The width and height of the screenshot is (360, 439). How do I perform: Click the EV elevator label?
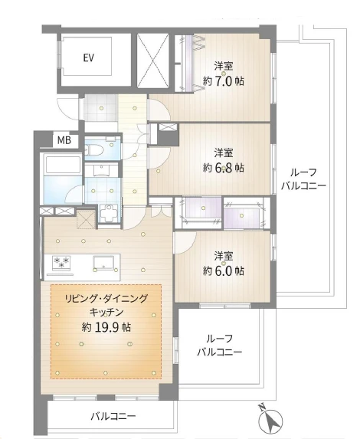click(x=88, y=57)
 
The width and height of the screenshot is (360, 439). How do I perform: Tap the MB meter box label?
click(x=64, y=140)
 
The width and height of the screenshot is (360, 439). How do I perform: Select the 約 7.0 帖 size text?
click(x=224, y=81)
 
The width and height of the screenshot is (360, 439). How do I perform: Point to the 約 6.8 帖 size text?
click(x=224, y=168)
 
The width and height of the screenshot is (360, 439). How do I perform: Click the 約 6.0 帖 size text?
click(x=224, y=270)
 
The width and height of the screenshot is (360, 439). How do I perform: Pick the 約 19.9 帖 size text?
click(x=106, y=326)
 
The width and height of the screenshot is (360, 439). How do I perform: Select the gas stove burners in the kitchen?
click(x=61, y=264)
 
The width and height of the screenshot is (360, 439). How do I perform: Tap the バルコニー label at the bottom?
click(x=113, y=416)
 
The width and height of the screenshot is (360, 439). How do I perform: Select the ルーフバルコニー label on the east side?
click(x=303, y=179)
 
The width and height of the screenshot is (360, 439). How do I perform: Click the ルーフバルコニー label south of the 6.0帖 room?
click(x=220, y=346)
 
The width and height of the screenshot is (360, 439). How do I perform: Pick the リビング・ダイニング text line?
click(x=106, y=299)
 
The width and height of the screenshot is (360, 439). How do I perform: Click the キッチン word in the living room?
click(x=106, y=311)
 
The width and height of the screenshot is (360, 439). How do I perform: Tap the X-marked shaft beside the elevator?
click(x=153, y=61)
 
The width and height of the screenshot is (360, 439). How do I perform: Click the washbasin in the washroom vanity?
click(x=102, y=171)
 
